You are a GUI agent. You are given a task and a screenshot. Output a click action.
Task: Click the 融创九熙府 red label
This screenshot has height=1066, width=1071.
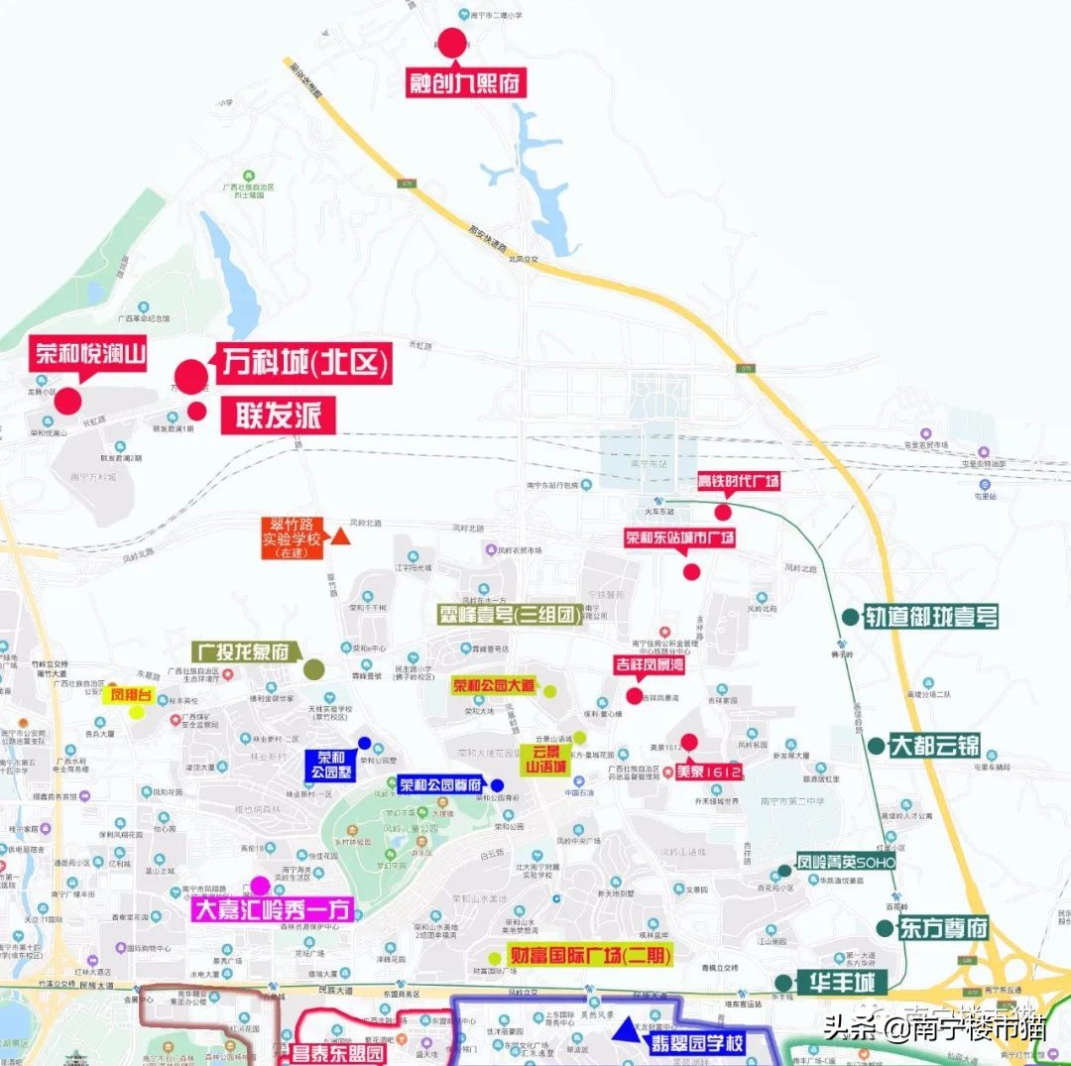tap(465, 83)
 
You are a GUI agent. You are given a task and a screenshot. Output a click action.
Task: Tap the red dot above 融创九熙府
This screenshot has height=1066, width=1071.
tap(452, 43)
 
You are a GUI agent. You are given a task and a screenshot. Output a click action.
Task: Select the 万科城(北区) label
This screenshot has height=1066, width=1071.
tap(303, 363)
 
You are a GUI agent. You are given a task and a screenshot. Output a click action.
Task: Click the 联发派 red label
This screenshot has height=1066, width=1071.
tap(279, 415)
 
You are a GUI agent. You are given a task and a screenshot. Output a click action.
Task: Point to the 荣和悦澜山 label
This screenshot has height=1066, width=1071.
tap(90, 352)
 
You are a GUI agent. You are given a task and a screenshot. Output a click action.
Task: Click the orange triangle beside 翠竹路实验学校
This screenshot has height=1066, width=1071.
tap(340, 536)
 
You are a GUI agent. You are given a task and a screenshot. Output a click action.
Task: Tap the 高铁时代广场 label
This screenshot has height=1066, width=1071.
tap(738, 481)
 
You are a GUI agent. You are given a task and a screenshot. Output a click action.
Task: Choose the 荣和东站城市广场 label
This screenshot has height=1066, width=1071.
tap(680, 537)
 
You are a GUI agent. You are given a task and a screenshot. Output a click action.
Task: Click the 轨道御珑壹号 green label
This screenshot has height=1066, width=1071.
tap(930, 617)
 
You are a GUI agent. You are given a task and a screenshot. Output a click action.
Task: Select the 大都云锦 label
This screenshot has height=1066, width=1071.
tap(934, 746)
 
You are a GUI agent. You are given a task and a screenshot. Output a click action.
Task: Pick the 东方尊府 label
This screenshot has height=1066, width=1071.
tap(944, 929)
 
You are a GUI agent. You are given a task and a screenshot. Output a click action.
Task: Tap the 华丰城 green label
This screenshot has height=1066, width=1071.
tap(844, 983)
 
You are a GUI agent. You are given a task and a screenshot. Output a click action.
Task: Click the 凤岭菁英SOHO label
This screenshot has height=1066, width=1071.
tap(846, 863)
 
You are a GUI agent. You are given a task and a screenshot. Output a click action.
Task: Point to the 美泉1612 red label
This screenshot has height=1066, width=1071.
tap(709, 771)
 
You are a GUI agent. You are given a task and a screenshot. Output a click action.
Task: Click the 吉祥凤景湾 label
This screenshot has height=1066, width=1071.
tap(650, 663)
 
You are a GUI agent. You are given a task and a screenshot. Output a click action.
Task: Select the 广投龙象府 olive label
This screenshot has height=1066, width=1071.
tap(244, 651)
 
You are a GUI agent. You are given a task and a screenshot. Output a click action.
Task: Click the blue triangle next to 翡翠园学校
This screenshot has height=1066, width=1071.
tap(625, 1031)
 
